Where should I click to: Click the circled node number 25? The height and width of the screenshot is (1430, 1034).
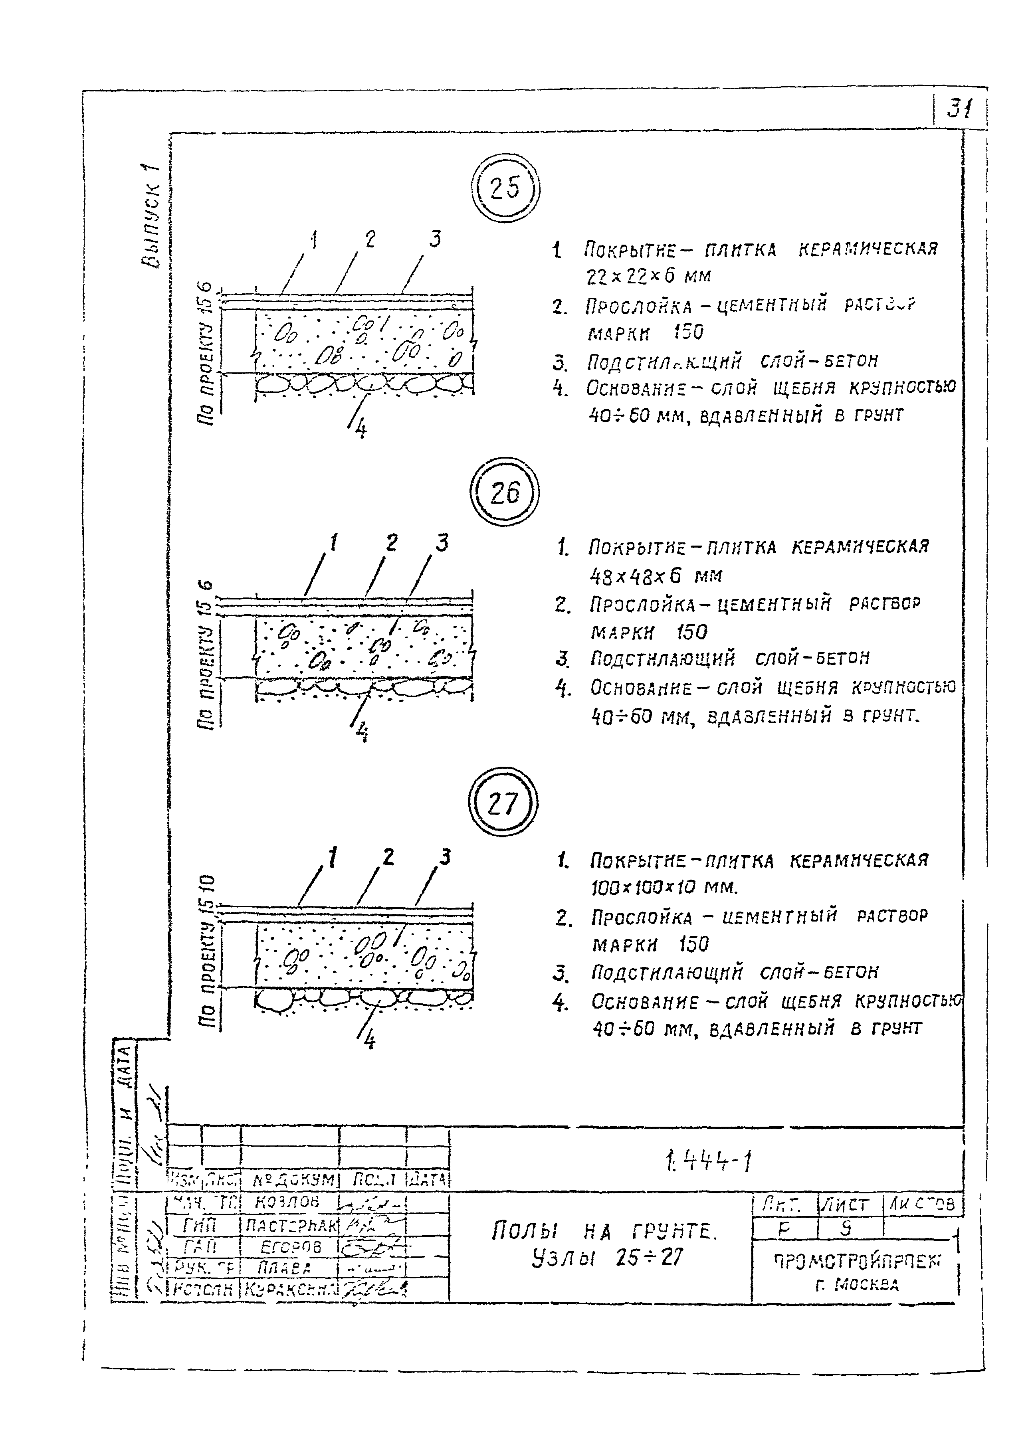[x=505, y=188]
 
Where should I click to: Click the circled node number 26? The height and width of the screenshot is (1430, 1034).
[x=504, y=492]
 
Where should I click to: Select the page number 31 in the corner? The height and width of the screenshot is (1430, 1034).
[x=959, y=110]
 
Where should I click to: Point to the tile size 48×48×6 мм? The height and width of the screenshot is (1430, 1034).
[x=656, y=575]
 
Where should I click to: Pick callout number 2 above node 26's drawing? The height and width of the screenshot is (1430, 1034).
[x=392, y=543]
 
